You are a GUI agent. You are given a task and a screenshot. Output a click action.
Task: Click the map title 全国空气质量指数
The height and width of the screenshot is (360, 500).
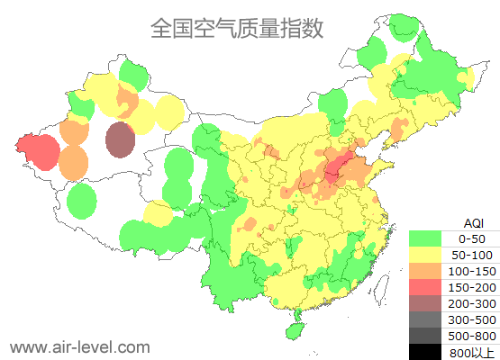point(236,29)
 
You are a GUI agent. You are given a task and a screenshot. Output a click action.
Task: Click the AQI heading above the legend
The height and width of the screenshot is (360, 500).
point(473,222)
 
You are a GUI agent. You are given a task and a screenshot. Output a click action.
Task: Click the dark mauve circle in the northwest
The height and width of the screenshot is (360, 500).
point(120,139)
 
